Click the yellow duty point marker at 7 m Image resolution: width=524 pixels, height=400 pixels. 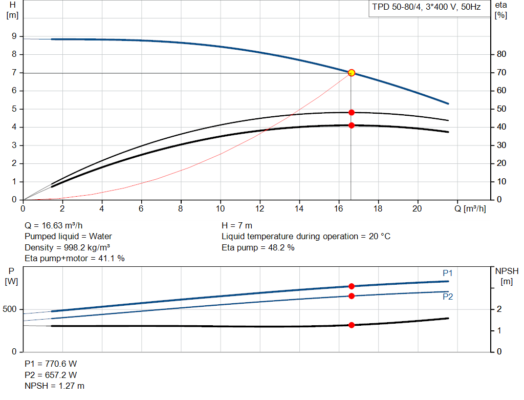pyautogui.click(x=351, y=73)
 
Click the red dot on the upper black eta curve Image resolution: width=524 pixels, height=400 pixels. pyautogui.click(x=351, y=112)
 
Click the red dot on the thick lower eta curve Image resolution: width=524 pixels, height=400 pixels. pyautogui.click(x=351, y=125)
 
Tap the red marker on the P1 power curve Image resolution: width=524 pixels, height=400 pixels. pyautogui.click(x=351, y=286)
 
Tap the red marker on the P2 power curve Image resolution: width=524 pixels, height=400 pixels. pyautogui.click(x=351, y=296)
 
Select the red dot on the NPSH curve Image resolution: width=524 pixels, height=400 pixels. pyautogui.click(x=351, y=325)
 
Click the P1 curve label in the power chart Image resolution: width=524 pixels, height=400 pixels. pyautogui.click(x=448, y=273)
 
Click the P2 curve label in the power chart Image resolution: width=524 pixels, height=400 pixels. pyautogui.click(x=448, y=297)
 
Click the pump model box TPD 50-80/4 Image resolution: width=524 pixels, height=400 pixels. pyautogui.click(x=426, y=8)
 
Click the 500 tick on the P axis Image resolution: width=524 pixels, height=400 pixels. pyautogui.click(x=10, y=309)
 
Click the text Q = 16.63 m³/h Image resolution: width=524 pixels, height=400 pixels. pyautogui.click(x=54, y=225)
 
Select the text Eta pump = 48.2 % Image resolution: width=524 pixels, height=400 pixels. pyautogui.click(x=258, y=247)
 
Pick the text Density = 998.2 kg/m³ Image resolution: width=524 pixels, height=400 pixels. pyautogui.click(x=68, y=247)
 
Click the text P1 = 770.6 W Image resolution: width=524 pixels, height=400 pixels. pyautogui.click(x=51, y=364)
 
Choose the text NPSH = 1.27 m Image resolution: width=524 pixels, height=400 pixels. pyautogui.click(x=55, y=386)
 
